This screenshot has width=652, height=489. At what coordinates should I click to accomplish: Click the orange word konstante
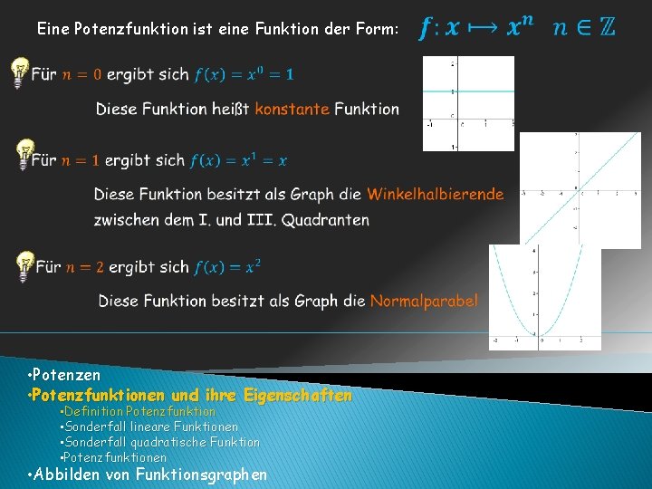click(x=292, y=109)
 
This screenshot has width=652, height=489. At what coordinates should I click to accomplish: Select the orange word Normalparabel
click(x=423, y=301)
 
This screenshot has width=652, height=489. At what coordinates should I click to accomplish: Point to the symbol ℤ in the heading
click(x=606, y=27)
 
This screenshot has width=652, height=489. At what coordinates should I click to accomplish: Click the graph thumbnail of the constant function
click(x=468, y=103)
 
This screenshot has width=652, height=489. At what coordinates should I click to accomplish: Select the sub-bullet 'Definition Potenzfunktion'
click(x=140, y=411)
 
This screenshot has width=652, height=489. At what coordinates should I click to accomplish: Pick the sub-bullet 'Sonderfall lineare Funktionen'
click(x=152, y=427)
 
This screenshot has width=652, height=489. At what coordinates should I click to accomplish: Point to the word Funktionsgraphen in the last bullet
click(x=201, y=474)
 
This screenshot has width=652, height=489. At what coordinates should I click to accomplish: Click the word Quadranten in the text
click(x=325, y=219)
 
